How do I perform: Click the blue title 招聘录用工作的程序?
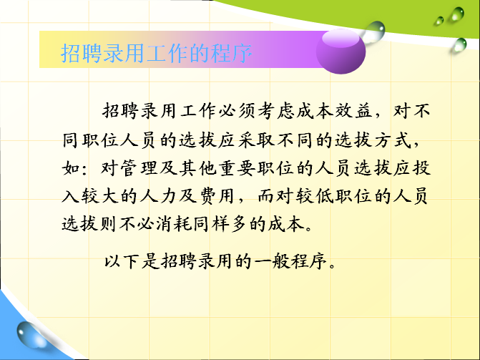[x=156, y=53]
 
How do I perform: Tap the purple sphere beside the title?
[x=341, y=51]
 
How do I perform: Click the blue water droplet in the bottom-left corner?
[x=31, y=336]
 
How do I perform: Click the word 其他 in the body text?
[x=197, y=168]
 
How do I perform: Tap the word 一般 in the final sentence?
[x=272, y=261]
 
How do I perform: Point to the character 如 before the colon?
[x=71, y=168]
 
